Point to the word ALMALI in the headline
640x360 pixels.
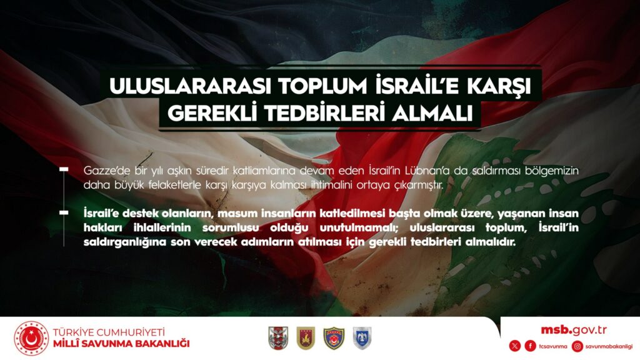click(x=432, y=114)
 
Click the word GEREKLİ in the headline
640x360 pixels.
click(x=212, y=114)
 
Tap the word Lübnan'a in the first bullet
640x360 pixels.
click(x=427, y=170)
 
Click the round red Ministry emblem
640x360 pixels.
click(x=31, y=338)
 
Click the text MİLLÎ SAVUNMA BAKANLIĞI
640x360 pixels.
click(x=121, y=344)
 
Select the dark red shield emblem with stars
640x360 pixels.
click(x=305, y=338)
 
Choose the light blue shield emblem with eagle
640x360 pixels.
click(x=362, y=338)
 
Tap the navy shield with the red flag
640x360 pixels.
click(x=334, y=338)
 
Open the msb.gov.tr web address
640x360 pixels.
click(x=574, y=330)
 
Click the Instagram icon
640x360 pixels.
click(x=577, y=346)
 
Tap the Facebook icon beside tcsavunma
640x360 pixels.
click(x=530, y=346)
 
